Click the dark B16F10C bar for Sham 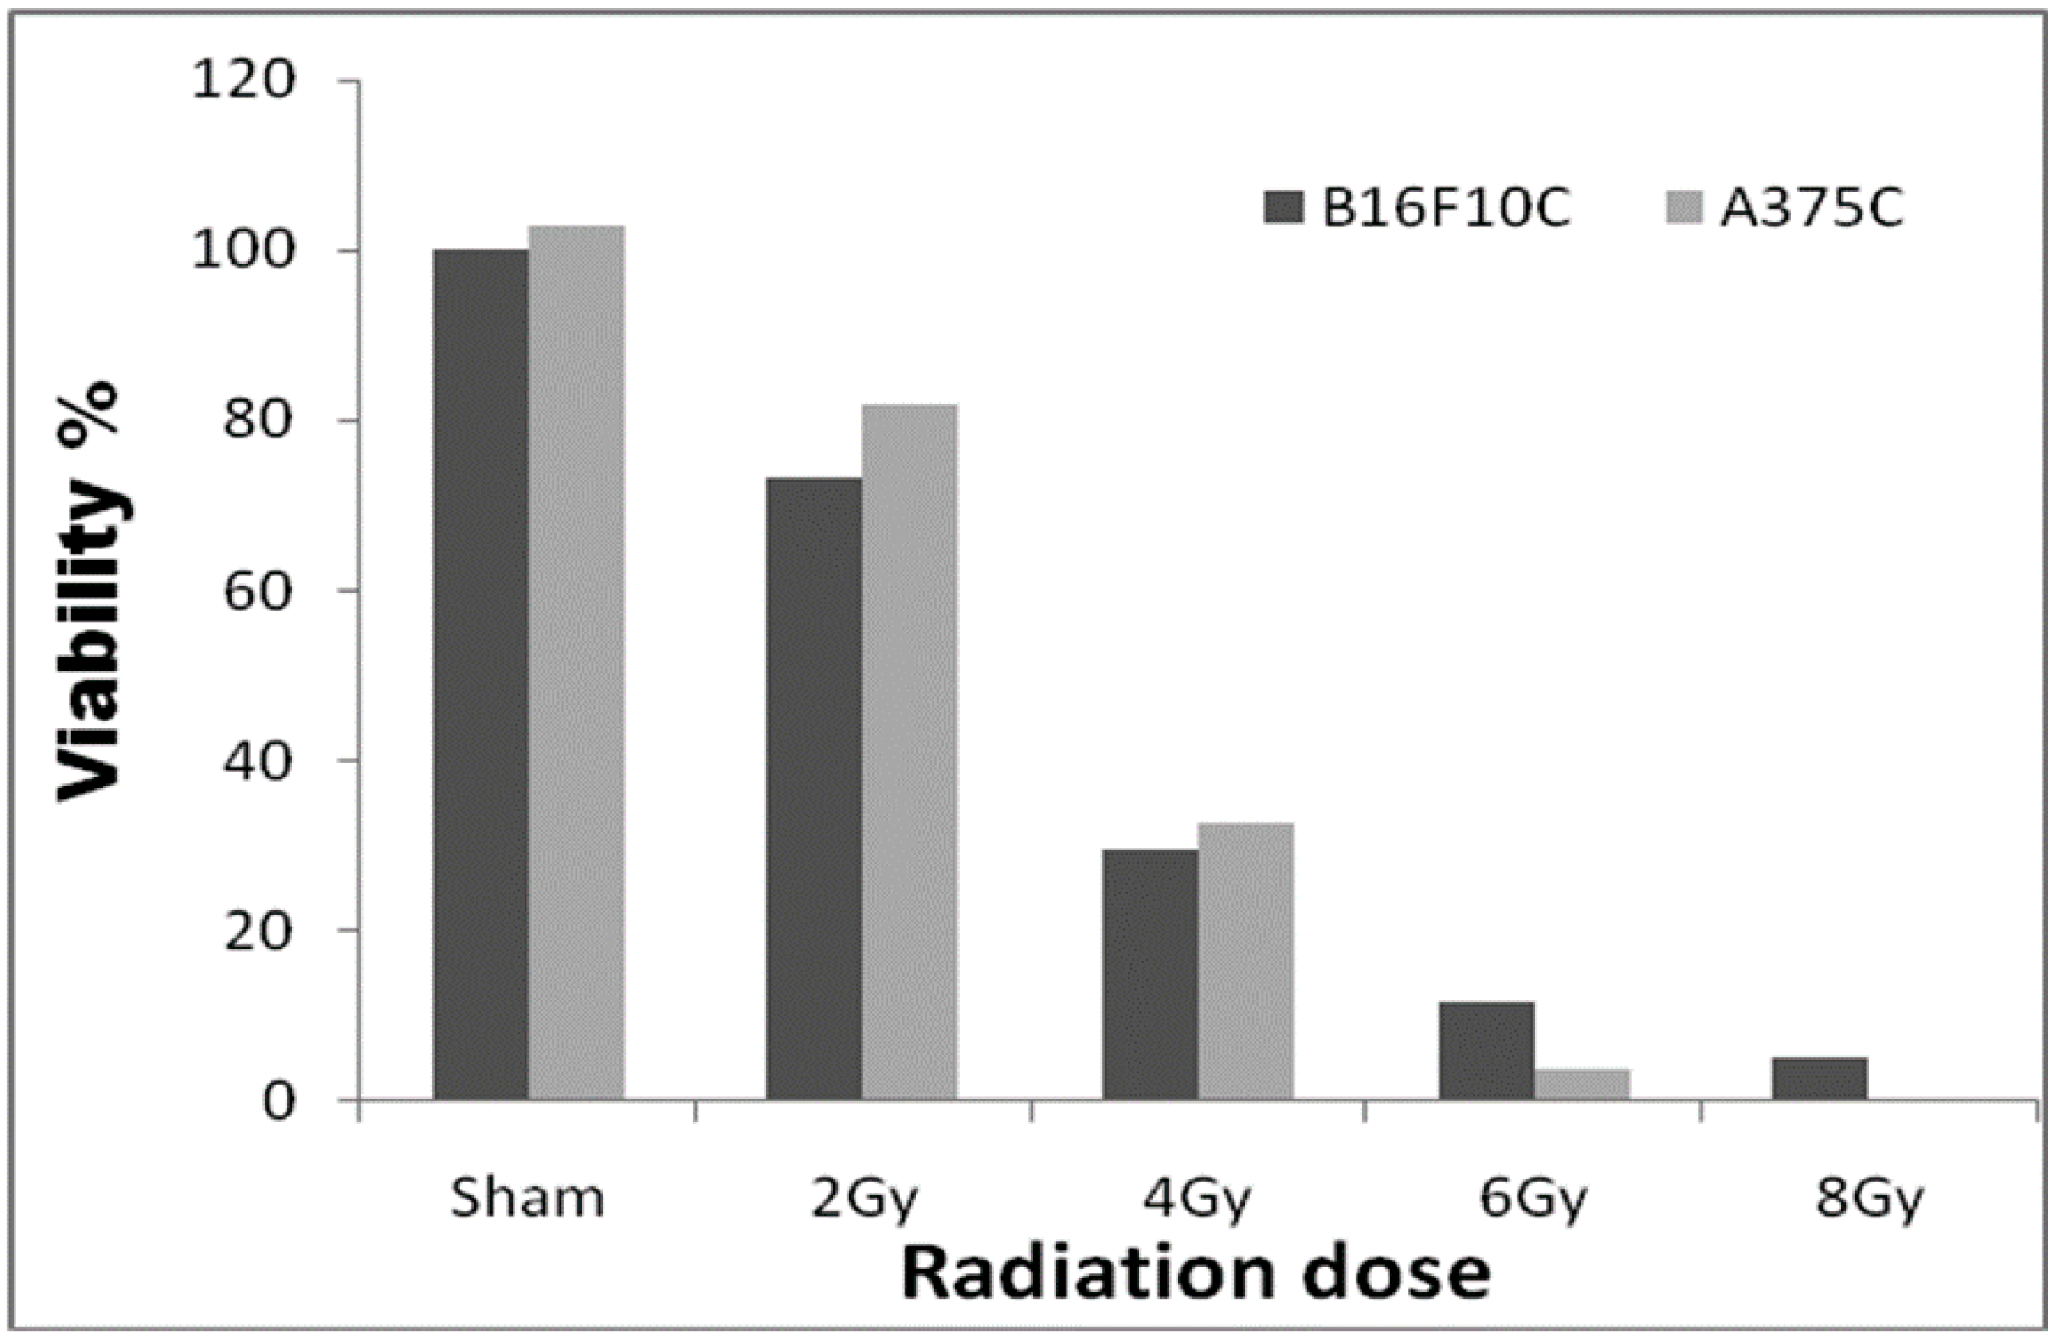pos(481,675)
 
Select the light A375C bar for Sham pos(577,662)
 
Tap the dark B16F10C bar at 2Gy pos(813,788)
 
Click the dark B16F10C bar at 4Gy pos(1150,974)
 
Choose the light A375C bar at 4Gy pos(1246,961)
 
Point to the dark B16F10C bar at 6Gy pos(1486,1050)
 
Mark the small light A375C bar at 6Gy pos(1582,1084)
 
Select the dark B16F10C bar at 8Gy pos(1819,1078)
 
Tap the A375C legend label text pos(1812,209)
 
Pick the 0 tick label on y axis pos(279,1102)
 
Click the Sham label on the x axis pos(527,1199)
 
